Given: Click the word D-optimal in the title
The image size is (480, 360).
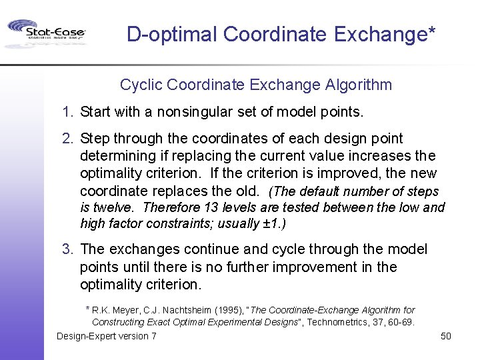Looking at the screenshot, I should [172, 34].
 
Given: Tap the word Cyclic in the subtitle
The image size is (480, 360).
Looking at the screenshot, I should [141, 85].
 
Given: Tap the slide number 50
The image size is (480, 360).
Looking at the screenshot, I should [446, 336].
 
